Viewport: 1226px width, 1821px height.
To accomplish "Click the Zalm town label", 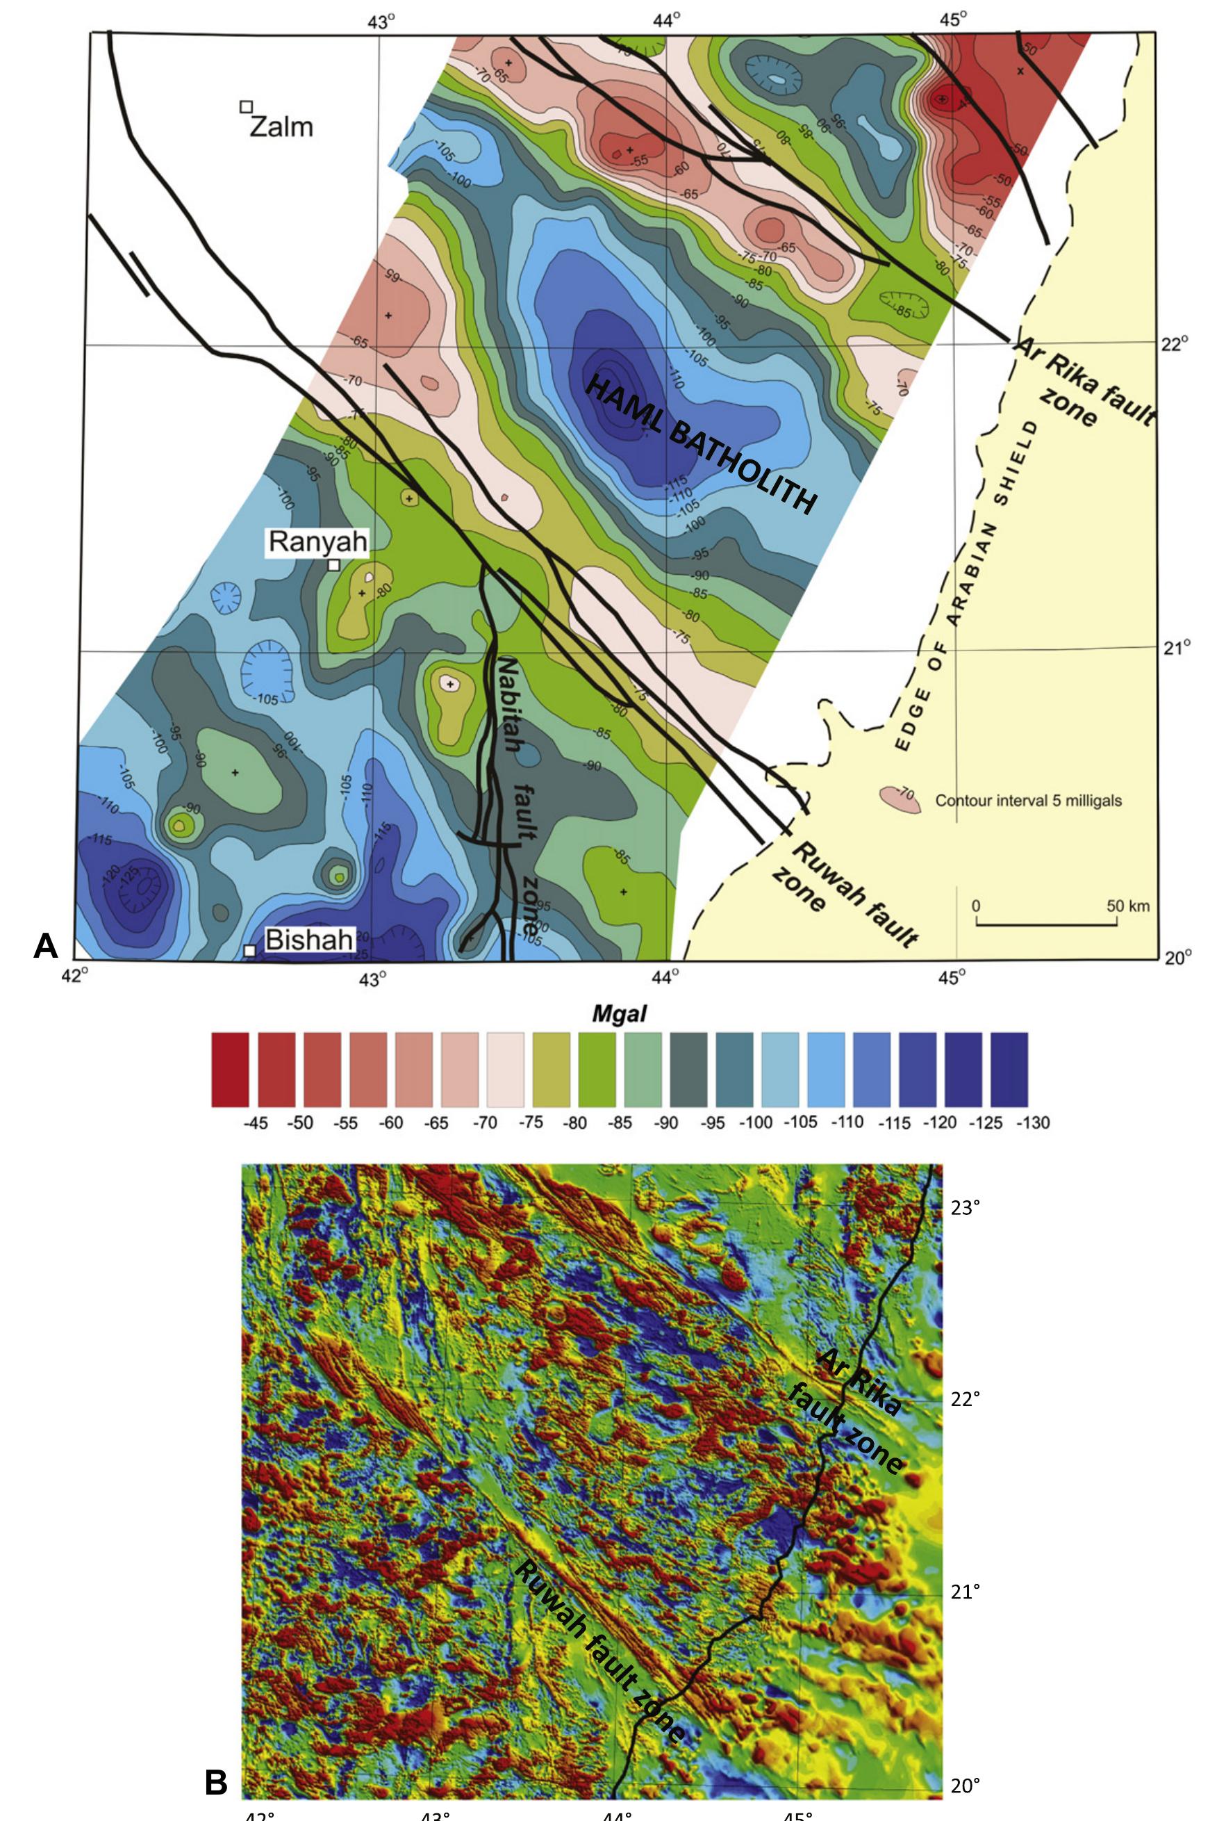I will tap(281, 126).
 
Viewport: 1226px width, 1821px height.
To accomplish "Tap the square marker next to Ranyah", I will tap(334, 565).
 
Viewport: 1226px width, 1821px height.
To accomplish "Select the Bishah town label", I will tap(309, 940).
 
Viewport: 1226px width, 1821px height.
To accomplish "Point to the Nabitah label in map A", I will tap(509, 703).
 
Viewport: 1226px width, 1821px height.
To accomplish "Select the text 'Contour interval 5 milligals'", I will tap(1028, 800).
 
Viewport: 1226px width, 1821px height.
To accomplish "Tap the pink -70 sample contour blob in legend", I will tap(899, 799).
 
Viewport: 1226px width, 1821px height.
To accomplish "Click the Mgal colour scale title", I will tap(620, 1015).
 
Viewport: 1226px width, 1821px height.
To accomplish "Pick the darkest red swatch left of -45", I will tap(230, 1069).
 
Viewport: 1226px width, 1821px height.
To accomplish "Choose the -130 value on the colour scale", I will tap(1032, 1122).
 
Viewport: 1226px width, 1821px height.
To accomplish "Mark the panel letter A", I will tap(45, 947).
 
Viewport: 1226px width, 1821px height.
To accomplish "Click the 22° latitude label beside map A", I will tap(1174, 343).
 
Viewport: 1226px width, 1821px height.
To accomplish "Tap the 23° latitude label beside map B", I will tap(965, 1208).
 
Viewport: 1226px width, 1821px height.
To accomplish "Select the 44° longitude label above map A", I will tap(666, 21).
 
